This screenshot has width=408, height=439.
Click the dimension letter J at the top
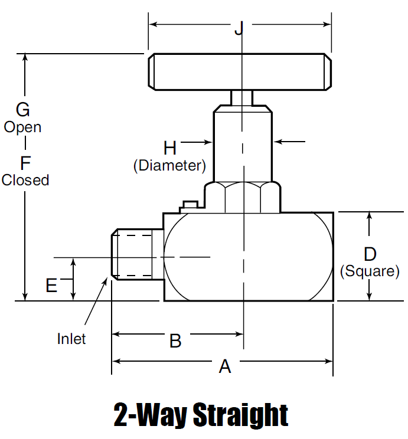coord(239,28)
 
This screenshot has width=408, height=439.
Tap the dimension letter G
coord(22,110)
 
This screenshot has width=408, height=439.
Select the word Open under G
coord(22,127)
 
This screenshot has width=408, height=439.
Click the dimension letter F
coord(25,163)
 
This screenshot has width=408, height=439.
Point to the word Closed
coord(25,180)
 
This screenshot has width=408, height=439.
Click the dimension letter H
coord(170,148)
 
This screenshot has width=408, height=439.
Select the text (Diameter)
coord(170,166)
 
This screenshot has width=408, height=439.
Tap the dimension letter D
coord(370,254)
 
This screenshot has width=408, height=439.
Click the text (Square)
coord(370,271)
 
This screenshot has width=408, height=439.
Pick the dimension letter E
coord(51,286)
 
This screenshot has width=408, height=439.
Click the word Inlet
coord(71,339)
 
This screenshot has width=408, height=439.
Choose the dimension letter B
coord(175,340)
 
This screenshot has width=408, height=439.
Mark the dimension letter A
coord(225,366)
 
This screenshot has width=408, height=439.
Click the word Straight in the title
coord(241,415)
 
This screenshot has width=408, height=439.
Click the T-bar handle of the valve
coord(240,71)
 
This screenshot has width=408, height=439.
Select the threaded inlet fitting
coord(138,254)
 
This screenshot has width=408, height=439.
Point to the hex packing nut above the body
coord(243,197)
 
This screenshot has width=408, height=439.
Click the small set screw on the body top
coord(191,205)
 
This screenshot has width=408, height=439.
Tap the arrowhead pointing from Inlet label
coord(105,280)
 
